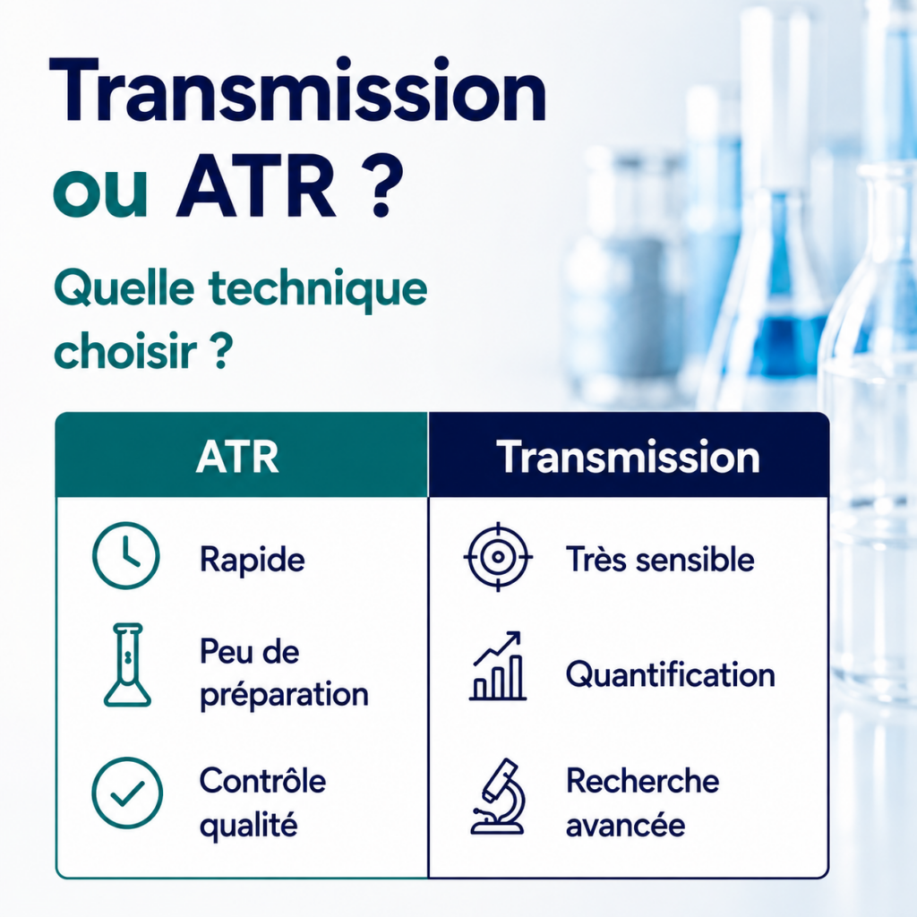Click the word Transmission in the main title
click(298, 90)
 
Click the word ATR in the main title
click(257, 187)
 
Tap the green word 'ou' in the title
click(100, 194)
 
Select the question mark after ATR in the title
click(381, 187)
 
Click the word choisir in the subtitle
click(125, 350)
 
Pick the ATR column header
click(237, 457)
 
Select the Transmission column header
click(628, 457)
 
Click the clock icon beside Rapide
click(125, 555)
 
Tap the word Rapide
click(252, 560)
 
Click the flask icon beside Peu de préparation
click(127, 665)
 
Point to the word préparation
click(284, 695)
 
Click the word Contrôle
click(262, 780)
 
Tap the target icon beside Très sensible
click(498, 557)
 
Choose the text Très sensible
click(660, 559)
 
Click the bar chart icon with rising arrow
click(498, 666)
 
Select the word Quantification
click(670, 674)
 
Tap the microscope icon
click(498, 796)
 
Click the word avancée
click(625, 825)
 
